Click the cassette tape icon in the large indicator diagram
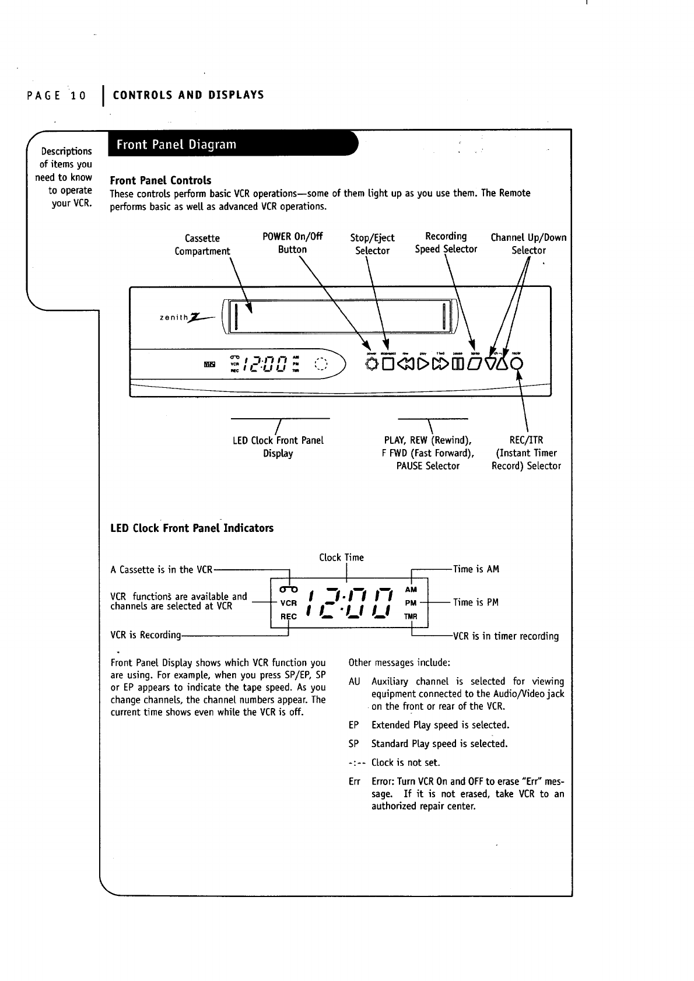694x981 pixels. click(289, 588)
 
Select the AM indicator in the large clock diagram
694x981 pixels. click(411, 590)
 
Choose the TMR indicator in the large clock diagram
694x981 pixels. click(411, 616)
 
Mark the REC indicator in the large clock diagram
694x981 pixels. click(289, 616)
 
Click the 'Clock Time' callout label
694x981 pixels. click(341, 558)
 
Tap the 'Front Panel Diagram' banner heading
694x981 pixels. click(176, 144)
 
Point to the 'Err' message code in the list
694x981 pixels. click(354, 782)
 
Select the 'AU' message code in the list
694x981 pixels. click(354, 682)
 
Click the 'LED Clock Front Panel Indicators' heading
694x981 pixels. click(192, 528)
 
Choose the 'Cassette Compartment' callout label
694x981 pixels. click(202, 244)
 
